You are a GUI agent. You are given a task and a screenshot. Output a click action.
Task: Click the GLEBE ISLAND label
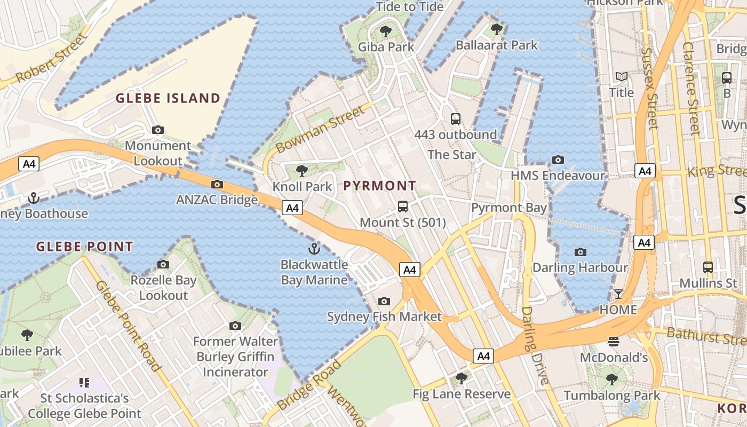168,98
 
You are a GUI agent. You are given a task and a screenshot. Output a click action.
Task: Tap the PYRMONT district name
379,186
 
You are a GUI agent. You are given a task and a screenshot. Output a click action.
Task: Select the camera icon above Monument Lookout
157,130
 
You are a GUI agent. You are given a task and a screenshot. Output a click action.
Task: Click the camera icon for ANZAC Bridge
217,185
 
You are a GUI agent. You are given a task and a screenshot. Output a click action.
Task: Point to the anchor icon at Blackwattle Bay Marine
314,248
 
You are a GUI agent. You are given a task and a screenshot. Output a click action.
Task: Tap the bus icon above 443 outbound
455,119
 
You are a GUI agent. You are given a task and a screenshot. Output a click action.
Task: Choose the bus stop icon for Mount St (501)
403,207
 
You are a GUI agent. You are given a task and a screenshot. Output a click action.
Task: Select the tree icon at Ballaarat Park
497,29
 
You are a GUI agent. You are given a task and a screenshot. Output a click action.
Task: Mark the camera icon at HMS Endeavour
558,160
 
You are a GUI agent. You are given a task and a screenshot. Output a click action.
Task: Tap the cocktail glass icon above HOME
618,294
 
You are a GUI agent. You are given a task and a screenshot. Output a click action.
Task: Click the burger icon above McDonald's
614,341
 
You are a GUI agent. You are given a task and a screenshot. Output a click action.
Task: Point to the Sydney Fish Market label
384,317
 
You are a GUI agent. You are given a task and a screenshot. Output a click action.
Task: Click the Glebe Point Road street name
128,325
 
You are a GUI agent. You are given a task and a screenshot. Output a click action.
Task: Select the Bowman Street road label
321,129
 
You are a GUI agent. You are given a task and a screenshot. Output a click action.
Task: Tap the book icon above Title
622,77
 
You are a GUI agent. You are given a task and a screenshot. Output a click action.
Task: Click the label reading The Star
452,155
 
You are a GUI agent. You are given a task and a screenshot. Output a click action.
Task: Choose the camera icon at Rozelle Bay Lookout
163,264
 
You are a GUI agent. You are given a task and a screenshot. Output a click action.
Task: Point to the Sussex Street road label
649,89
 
